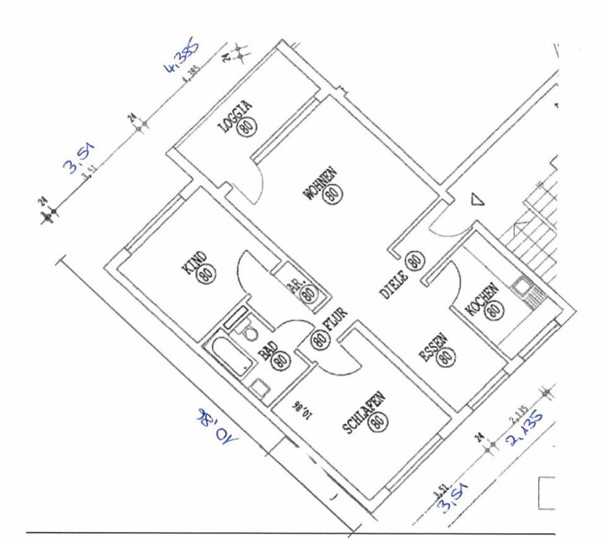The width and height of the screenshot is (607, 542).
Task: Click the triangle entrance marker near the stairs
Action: click(477, 200)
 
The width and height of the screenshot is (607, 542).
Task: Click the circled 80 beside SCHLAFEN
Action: click(378, 422)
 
